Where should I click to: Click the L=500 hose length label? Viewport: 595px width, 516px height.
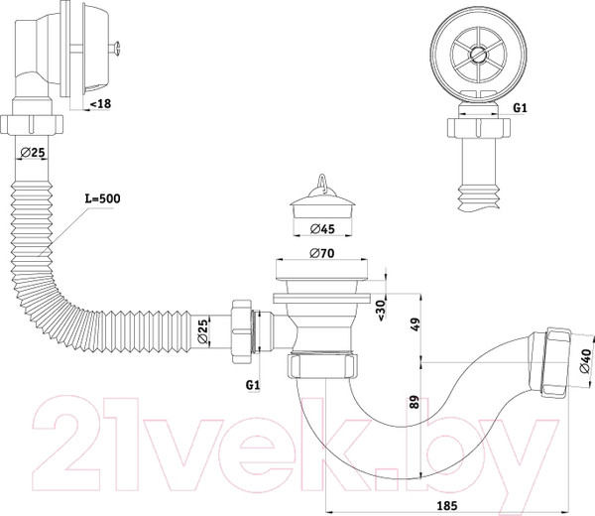(x=102, y=198)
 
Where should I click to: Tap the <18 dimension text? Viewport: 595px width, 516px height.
(x=100, y=103)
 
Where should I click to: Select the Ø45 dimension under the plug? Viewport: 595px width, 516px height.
(x=322, y=229)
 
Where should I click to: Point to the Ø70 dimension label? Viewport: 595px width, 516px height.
(x=321, y=253)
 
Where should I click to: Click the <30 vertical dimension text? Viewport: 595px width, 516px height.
(x=381, y=309)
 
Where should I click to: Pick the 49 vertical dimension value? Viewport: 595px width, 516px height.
(x=416, y=324)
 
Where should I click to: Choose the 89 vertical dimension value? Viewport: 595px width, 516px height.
(x=415, y=402)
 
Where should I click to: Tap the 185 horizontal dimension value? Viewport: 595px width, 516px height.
(x=447, y=506)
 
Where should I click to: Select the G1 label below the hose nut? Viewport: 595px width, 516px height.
(x=253, y=385)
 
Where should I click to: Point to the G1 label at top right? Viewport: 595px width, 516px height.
(x=520, y=108)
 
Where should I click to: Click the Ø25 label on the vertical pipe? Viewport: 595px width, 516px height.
(x=33, y=153)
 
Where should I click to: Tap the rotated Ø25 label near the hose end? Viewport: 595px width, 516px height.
(x=203, y=331)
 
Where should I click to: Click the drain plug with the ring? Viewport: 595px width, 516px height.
(x=322, y=197)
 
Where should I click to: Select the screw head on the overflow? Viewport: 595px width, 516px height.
(x=116, y=49)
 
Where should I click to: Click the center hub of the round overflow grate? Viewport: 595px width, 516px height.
(x=478, y=55)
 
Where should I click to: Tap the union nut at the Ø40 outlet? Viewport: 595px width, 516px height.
(x=554, y=362)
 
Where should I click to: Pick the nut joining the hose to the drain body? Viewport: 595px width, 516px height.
(x=241, y=331)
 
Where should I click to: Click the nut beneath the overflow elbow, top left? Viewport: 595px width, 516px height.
(x=32, y=124)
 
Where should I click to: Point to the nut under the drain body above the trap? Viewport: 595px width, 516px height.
(x=322, y=365)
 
